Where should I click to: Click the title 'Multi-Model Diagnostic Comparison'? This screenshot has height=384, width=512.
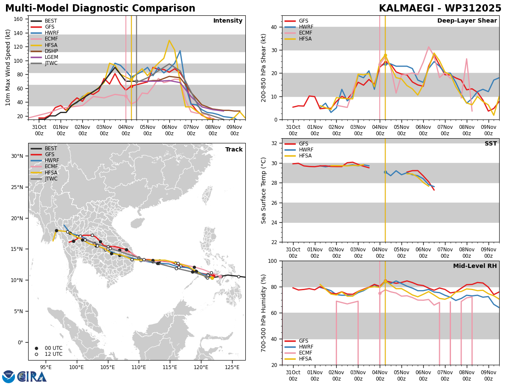coord(100,9)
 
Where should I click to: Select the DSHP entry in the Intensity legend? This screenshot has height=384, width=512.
coord(51,51)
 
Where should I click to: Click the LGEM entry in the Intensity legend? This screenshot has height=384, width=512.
coord(51,57)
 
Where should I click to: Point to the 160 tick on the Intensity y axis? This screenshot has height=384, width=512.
coord(18,19)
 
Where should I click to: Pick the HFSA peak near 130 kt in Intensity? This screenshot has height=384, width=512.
coord(169,41)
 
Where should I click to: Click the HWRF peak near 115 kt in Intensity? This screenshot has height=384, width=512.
coord(180,51)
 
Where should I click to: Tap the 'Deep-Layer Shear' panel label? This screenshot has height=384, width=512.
coord(467,20)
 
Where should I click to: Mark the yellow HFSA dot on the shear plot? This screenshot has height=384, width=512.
coord(385,55)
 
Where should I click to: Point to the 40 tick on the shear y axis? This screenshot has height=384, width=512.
coord(274,27)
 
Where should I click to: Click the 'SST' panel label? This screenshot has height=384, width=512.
coord(491,143)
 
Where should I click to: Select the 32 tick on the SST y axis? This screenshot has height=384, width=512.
coord(274,143)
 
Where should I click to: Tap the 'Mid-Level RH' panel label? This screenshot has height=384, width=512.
coord(475,266)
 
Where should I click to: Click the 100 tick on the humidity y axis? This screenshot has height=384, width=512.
coord(272,261)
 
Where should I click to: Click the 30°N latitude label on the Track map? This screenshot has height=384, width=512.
coord(17,156)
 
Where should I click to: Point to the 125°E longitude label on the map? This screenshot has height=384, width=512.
coord(232,367)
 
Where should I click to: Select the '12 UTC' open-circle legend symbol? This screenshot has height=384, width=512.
coord(36,355)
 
